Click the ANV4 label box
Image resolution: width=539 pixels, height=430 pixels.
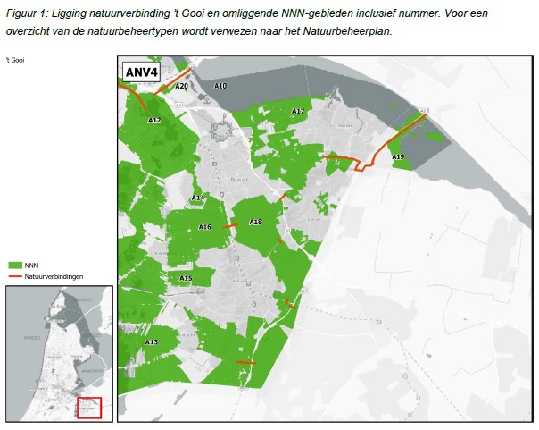click(140, 72)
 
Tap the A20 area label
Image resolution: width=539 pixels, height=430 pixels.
click(182, 87)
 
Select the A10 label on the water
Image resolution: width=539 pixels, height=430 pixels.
click(220, 86)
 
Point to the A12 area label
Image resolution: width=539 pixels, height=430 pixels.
click(154, 120)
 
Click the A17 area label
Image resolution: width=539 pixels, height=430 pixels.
click(298, 111)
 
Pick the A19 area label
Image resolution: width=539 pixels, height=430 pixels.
click(398, 156)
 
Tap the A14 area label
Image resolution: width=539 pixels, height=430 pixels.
click(198, 197)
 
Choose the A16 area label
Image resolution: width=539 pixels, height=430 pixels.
click(204, 227)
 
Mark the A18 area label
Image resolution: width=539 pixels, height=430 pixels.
click(255, 222)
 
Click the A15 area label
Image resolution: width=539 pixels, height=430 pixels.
click(186, 278)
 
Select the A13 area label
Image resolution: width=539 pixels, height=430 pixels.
click(152, 341)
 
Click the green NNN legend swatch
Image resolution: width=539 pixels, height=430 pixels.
click(15, 266)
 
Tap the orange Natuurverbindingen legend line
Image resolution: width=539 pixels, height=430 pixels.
click(15, 277)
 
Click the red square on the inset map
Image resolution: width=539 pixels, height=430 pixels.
click(89, 407)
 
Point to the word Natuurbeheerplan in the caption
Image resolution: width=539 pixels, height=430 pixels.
click(345, 30)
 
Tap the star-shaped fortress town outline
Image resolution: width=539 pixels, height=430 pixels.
click(220, 131)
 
